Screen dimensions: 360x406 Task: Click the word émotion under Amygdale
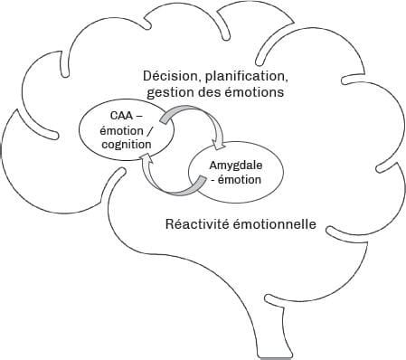239,179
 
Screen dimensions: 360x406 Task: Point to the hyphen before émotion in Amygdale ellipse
211,179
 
